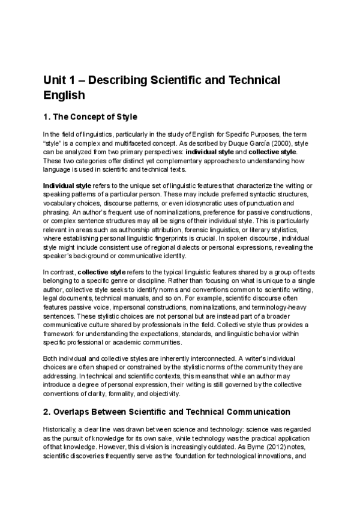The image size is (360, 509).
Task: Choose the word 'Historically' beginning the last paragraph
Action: pos(59,430)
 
